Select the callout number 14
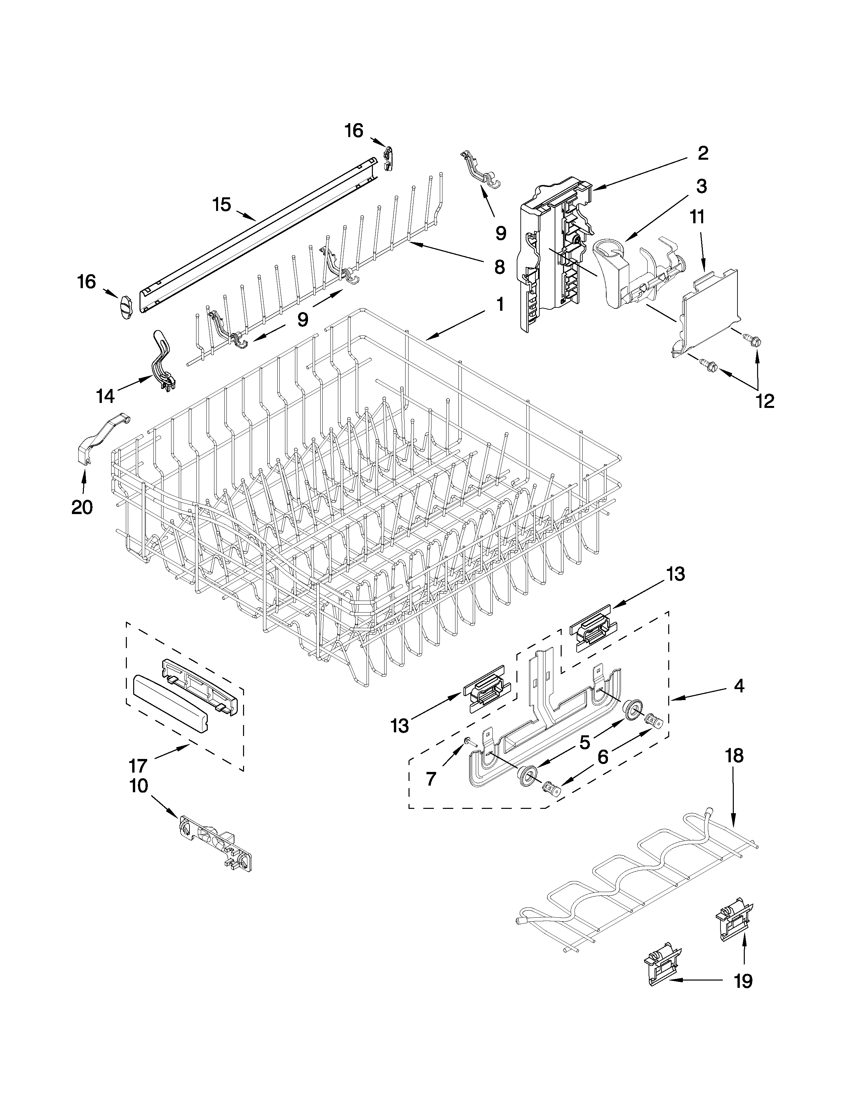[106, 396]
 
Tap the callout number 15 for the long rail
[221, 205]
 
